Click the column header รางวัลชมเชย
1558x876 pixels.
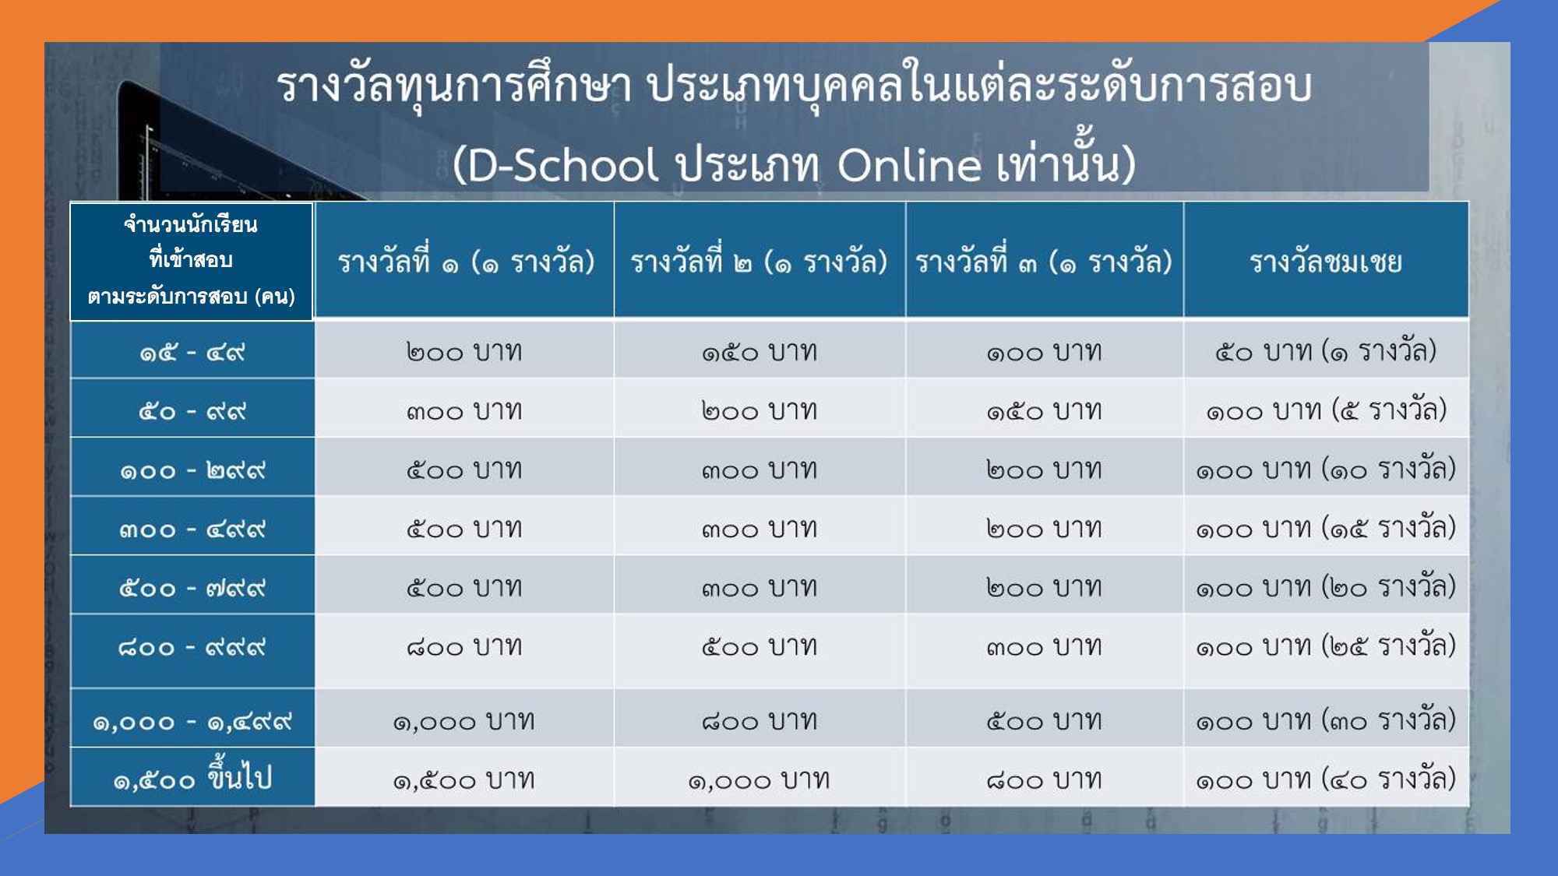pyautogui.click(x=1326, y=262)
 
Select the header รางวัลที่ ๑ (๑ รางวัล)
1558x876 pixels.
pyautogui.click(x=466, y=262)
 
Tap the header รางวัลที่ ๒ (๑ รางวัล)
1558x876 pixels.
pyautogui.click(x=759, y=262)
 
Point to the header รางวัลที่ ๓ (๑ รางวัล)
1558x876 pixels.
pyautogui.click(x=1044, y=262)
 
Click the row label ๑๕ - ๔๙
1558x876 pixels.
pyautogui.click(x=192, y=353)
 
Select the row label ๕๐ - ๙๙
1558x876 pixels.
pyautogui.click(x=192, y=411)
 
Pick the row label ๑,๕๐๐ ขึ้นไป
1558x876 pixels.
pyautogui.click(x=192, y=776)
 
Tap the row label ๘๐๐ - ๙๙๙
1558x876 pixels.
pyautogui.click(x=192, y=647)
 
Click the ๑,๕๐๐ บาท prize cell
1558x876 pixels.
pyautogui.click(x=464, y=780)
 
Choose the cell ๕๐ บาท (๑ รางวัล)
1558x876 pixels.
pyautogui.click(x=1326, y=351)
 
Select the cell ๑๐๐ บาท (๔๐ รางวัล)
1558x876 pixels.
pyautogui.click(x=1326, y=779)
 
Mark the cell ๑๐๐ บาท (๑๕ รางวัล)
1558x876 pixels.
pyautogui.click(x=1326, y=528)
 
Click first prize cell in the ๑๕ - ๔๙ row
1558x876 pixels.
pyautogui.click(x=464, y=352)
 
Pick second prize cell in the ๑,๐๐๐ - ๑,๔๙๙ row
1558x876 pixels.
pyautogui.click(x=760, y=721)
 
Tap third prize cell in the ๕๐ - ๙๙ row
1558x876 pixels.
pyautogui.click(x=1044, y=410)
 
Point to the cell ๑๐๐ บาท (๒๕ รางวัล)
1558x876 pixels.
pyautogui.click(x=1326, y=646)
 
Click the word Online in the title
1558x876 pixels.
pyautogui.click(x=909, y=164)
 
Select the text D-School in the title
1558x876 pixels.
pyautogui.click(x=563, y=164)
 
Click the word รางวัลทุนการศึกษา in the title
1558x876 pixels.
pyautogui.click(x=455, y=86)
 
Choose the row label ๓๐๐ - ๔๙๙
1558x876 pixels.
pyautogui.click(x=192, y=529)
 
